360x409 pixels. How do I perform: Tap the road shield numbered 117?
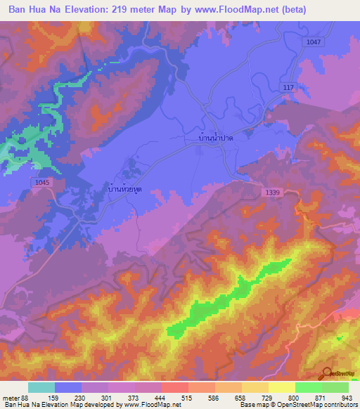coord(288,87)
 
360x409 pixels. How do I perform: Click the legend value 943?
coord(347,398)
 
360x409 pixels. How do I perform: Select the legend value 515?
coord(187,398)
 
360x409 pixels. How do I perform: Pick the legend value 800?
coord(294,398)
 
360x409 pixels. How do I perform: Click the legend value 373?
coord(134,398)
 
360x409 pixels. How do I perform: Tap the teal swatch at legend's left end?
coord(41,387)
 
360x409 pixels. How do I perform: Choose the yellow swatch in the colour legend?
coord(281,387)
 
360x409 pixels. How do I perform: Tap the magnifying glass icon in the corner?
coord(328,374)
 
